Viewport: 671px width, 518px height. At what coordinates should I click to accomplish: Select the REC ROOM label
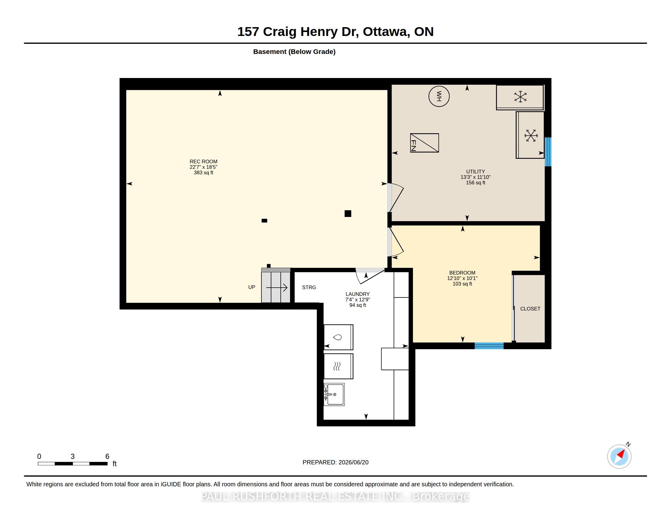pos(203,161)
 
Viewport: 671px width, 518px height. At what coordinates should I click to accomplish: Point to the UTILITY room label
pos(475,172)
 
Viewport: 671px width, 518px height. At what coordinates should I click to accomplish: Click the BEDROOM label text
pos(462,273)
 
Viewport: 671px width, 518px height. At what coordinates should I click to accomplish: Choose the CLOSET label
pos(530,309)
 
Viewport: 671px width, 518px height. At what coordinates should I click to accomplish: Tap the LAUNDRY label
pos(358,294)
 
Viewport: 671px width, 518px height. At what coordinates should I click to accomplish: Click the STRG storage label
pos(309,287)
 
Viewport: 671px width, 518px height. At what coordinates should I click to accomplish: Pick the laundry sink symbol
pos(334,394)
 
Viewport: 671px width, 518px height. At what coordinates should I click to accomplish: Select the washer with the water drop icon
pos(338,337)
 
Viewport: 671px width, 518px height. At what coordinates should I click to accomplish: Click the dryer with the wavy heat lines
pos(338,366)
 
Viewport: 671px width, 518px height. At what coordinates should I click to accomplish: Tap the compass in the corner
pos(619,456)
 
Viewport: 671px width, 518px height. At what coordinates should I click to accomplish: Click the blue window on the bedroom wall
pos(489,346)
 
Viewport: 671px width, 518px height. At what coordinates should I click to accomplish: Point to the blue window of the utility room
pos(548,152)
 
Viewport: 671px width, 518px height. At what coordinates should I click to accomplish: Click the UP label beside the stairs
pos(252,287)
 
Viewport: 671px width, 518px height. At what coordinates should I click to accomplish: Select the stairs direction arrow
pos(277,288)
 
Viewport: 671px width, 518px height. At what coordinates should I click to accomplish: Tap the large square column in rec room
pos(348,214)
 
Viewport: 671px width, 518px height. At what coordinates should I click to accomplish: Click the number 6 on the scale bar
pos(107,456)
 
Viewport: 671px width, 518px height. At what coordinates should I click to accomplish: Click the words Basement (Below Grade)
pos(294,51)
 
